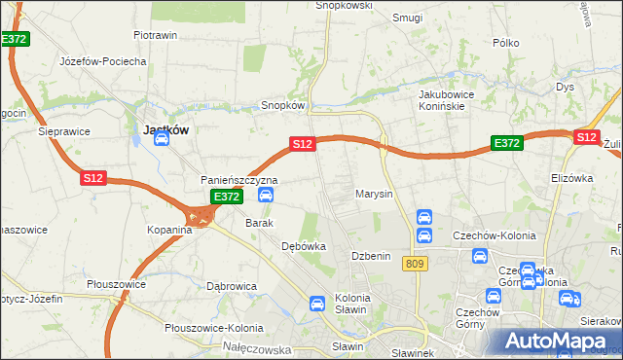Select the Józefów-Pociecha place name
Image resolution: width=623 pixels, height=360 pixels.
click(102, 60)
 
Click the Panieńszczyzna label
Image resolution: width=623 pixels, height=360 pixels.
click(239, 180)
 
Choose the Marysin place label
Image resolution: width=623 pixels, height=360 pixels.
click(374, 194)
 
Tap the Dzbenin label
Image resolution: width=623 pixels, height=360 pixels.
click(371, 255)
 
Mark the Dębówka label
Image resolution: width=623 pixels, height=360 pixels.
click(303, 246)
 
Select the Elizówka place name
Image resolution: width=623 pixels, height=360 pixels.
click(571, 178)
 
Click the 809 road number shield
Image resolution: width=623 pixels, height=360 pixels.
click(418, 264)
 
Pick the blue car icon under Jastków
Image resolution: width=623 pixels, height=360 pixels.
click(162, 139)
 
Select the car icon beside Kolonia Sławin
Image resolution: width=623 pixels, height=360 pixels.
click(316, 304)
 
